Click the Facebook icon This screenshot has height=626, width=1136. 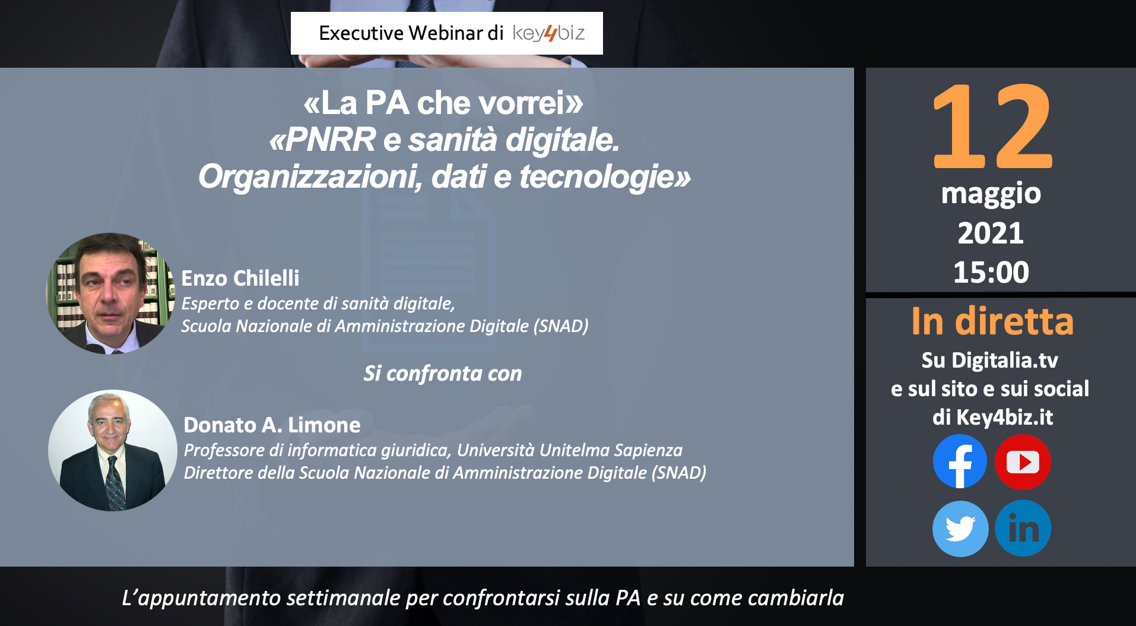pyautogui.click(x=960, y=461)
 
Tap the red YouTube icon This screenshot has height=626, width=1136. pyautogui.click(x=1023, y=461)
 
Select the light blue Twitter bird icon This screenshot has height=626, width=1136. pyautogui.click(x=960, y=528)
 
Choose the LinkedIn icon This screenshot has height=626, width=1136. pyautogui.click(x=1023, y=528)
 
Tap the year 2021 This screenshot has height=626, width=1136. pyautogui.click(x=991, y=233)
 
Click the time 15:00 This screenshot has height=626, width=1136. pyautogui.click(x=991, y=273)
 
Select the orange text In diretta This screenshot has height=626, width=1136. pyautogui.click(x=992, y=321)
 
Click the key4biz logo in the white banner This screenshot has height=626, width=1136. pyautogui.click(x=548, y=33)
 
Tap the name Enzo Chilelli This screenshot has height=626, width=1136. pyautogui.click(x=240, y=278)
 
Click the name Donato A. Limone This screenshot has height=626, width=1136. pyautogui.click(x=272, y=425)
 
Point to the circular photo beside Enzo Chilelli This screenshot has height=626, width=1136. pyautogui.click(x=111, y=293)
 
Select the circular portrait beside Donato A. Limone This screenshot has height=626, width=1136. pyautogui.click(x=112, y=450)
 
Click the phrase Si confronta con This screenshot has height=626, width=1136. pyautogui.click(x=443, y=374)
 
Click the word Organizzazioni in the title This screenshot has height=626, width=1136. pyautogui.click(x=310, y=177)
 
